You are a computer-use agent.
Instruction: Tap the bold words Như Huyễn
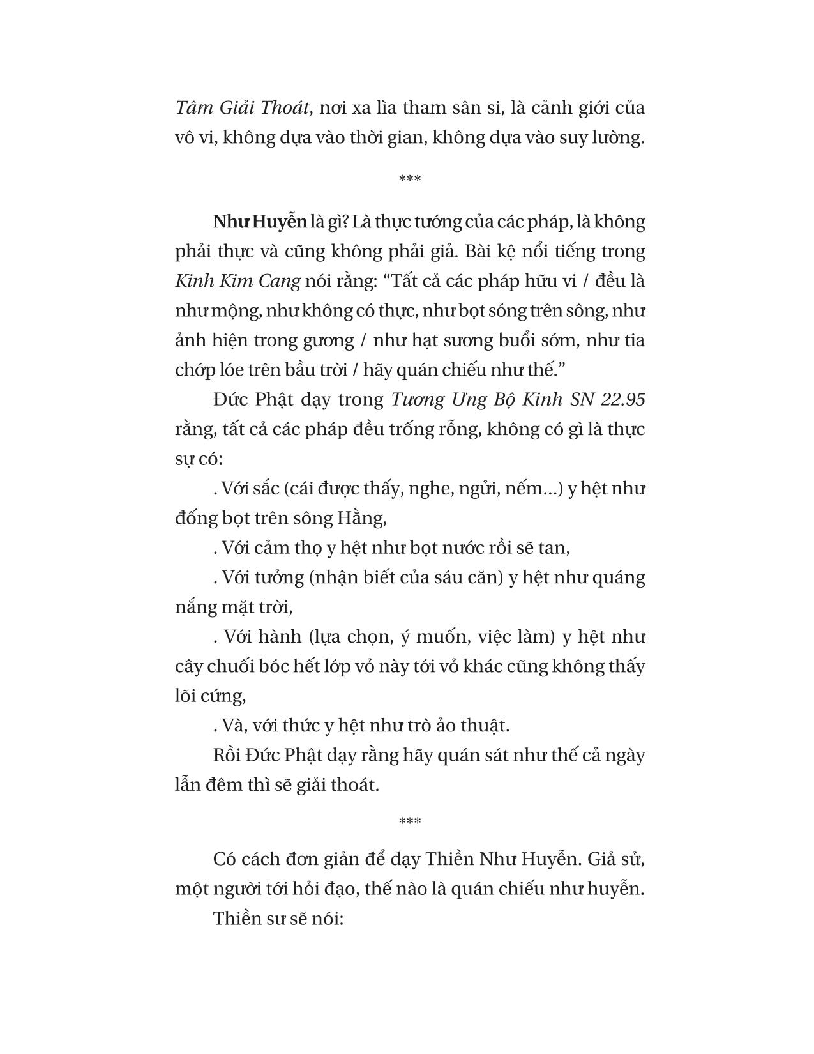tap(260, 222)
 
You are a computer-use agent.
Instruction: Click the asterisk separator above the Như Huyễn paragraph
tap(409, 179)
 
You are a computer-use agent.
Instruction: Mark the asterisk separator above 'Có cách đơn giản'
tap(409, 821)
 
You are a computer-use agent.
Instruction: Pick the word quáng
tap(617, 577)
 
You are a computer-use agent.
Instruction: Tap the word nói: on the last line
tap(326, 919)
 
